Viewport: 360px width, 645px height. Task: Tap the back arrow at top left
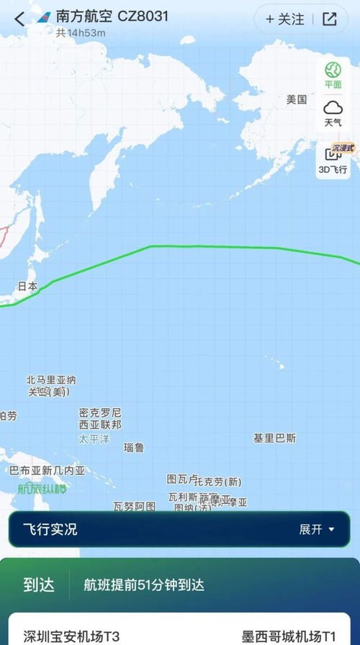[19, 19]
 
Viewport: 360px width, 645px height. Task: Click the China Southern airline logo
[43, 17]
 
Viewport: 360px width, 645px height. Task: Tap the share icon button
[330, 19]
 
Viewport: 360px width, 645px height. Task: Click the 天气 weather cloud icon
[333, 108]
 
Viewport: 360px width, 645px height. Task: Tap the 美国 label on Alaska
[297, 100]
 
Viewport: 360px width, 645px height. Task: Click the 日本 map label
[28, 286]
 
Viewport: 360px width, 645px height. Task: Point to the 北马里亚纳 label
[51, 380]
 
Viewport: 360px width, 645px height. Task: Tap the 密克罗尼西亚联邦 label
[100, 419]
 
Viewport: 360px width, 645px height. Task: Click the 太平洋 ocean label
[94, 439]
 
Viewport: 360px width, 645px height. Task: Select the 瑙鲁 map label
[134, 447]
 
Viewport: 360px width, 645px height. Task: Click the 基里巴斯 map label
[274, 438]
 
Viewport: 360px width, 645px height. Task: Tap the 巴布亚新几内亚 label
[48, 471]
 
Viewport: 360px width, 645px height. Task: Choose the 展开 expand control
[317, 530]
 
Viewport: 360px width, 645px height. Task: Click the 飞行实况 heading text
[50, 530]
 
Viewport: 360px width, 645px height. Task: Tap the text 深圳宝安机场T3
[72, 636]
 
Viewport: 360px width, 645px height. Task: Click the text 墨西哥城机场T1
[288, 636]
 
